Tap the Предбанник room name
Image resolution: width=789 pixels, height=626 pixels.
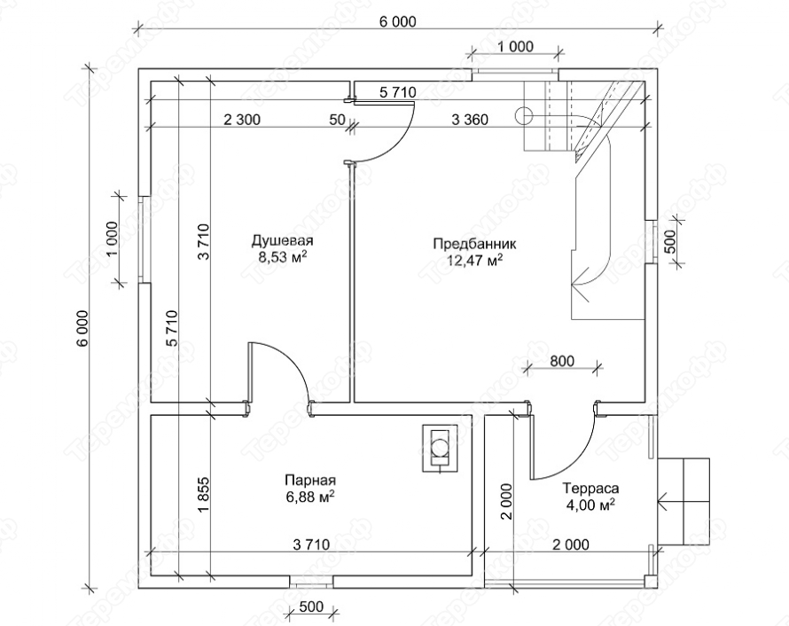coord(475,244)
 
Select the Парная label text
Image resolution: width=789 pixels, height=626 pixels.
coord(310,480)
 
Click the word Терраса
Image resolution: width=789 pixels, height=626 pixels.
coord(590,488)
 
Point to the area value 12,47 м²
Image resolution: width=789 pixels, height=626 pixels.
coord(475,261)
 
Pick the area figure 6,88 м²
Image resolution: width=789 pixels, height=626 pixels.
coord(310,497)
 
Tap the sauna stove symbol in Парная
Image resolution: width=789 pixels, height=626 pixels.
coord(440,448)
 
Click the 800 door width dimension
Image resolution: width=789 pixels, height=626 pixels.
coord(561,361)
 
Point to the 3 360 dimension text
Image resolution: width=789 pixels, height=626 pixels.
coord(470,120)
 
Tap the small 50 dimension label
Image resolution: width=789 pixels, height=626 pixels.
coord(338,120)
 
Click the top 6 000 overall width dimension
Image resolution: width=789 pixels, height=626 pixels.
coord(398,21)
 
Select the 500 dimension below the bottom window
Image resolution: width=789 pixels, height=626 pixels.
coord(311,606)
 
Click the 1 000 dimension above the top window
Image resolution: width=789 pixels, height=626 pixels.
coord(515,47)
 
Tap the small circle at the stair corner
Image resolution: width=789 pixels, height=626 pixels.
coord(524,116)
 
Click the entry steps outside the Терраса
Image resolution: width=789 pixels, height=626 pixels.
coord(684,502)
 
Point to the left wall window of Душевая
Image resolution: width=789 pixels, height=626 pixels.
coord(145,239)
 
